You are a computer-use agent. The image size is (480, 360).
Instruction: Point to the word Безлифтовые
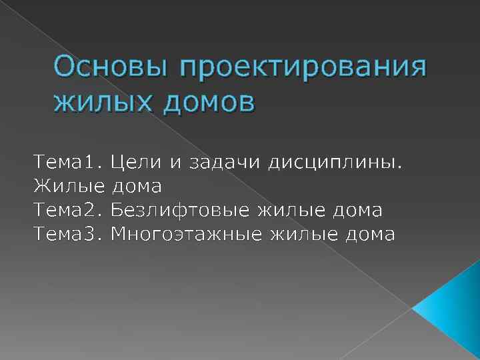point(180,210)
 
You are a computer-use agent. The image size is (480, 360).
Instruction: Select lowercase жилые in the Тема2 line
point(289,210)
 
